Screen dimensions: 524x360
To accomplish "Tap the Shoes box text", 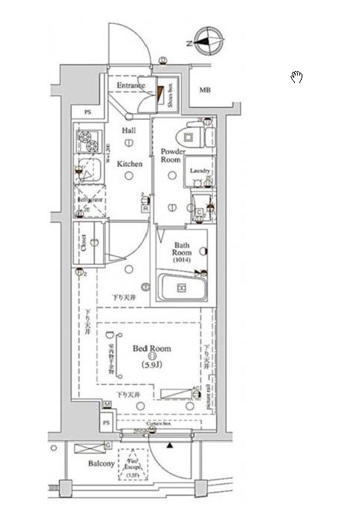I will pos(171,96).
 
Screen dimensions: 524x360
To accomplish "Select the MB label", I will pos(204,91).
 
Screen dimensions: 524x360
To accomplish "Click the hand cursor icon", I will pos(296,76).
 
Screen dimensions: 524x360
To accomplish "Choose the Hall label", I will pos(128,130).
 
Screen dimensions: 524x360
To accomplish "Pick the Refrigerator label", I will pos(89,201).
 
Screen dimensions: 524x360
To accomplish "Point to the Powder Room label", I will pos(171,155).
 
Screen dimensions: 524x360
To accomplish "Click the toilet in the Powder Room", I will pos(190,135).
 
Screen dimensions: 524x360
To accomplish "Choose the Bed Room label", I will pos(152,349).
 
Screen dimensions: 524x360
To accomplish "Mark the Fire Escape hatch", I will pos(132,464).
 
